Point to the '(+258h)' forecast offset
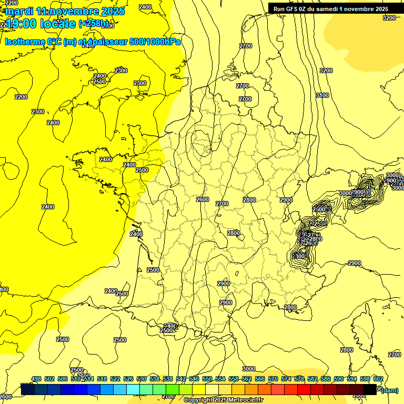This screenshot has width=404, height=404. (x=95, y=24)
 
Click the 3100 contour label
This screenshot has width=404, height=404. (x=322, y=95)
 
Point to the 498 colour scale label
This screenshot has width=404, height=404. (x=36, y=379)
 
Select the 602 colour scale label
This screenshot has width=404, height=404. (x=378, y=379)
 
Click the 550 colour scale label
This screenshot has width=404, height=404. (x=207, y=379)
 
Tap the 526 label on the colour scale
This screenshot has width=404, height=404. (x=128, y=379)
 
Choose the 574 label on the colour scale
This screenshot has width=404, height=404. (x=286, y=379)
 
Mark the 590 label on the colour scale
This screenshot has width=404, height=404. (x=339, y=379)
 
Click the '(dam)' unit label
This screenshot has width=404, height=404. (x=390, y=390)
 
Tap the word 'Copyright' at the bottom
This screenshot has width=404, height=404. (x=198, y=400)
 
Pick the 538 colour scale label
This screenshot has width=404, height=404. (x=168, y=379)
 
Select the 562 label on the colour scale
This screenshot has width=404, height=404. (x=247, y=379)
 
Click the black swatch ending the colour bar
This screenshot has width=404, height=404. (x=370, y=389)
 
